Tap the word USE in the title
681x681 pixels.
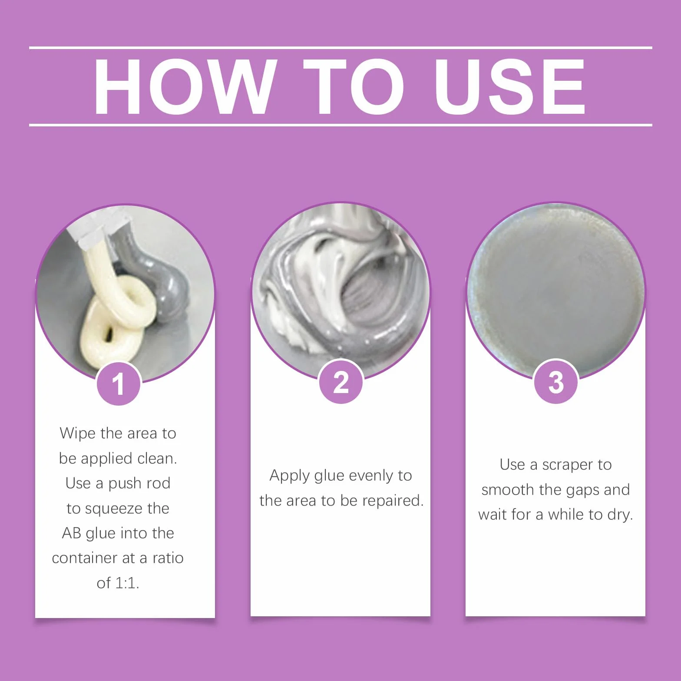510,87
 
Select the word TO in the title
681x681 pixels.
354,87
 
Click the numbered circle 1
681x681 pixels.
118,384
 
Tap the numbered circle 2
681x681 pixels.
340,382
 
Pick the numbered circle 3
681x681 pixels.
556,382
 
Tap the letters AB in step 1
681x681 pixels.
72,533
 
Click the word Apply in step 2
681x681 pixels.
290,476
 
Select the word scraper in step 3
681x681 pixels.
568,465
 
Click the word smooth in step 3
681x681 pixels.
508,490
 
